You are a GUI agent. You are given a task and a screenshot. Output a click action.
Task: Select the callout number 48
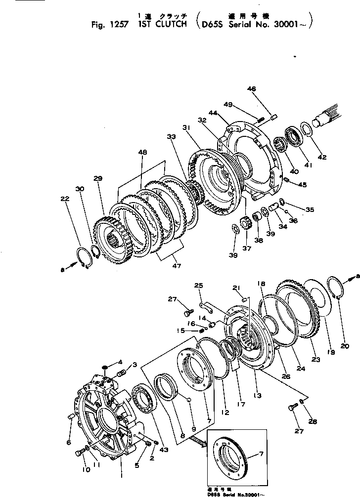(x=142, y=154)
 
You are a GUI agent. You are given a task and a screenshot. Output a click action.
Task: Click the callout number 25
(x=199, y=286)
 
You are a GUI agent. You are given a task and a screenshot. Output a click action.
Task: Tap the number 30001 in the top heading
(x=284, y=24)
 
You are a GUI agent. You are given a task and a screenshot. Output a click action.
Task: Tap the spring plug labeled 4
(x=104, y=368)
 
